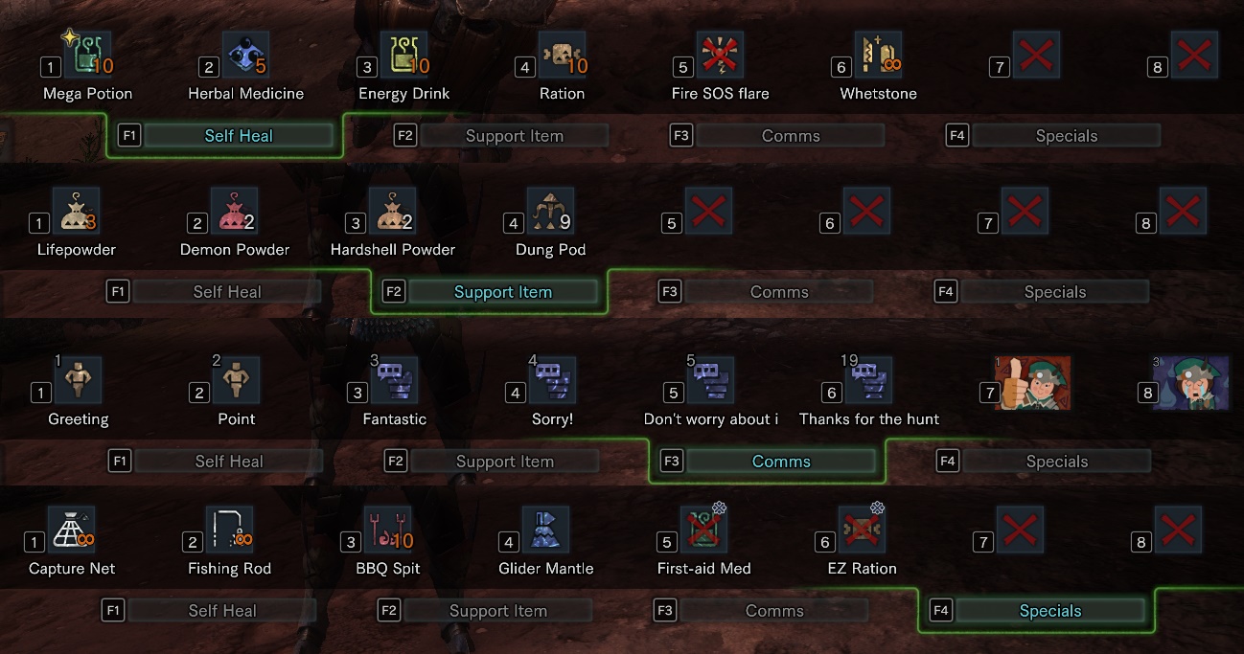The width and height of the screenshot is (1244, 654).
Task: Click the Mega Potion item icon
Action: click(87, 55)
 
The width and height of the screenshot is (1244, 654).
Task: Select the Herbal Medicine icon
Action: click(245, 55)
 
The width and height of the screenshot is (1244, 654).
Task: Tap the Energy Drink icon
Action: click(403, 55)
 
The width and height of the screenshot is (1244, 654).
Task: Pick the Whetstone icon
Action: click(877, 55)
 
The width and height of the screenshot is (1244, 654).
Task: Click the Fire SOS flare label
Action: click(720, 94)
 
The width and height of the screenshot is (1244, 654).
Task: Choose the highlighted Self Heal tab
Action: click(239, 136)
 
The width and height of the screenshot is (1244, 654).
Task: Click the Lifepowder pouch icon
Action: click(76, 212)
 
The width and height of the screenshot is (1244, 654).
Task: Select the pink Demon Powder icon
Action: click(234, 212)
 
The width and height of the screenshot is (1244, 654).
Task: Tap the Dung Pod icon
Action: click(550, 212)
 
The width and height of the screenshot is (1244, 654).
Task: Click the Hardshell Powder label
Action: click(393, 250)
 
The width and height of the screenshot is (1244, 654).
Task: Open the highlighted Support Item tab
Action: click(503, 292)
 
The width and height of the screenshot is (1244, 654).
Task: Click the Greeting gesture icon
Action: click(78, 381)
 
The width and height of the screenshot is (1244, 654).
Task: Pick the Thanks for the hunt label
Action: click(869, 419)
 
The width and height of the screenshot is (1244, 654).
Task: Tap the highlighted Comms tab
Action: click(781, 462)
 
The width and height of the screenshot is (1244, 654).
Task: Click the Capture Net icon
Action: click(72, 530)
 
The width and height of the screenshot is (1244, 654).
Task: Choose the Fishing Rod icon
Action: click(230, 530)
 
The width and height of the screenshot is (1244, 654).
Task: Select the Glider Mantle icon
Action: click(545, 530)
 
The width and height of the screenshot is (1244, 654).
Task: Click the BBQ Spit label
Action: click(388, 569)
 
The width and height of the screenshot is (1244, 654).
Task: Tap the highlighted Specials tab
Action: click(1050, 611)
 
